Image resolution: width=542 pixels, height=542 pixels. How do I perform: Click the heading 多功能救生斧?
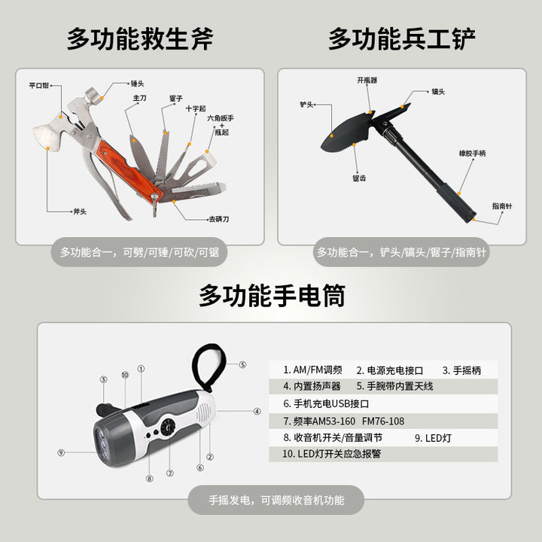140,39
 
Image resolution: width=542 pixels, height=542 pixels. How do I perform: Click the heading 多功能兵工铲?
402,39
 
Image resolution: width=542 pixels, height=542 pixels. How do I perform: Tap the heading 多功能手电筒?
272,296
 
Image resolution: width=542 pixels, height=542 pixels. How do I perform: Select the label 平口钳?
38,85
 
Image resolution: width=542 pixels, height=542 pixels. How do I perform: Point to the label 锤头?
137,84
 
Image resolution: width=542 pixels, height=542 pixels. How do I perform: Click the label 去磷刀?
219,219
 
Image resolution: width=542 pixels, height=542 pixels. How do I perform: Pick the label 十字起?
196,108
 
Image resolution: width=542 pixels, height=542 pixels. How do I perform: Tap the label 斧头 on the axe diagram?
80,212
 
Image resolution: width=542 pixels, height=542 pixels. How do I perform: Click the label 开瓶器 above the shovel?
367,81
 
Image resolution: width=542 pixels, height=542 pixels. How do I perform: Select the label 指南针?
502,206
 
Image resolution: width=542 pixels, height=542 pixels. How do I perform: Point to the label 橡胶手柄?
472,153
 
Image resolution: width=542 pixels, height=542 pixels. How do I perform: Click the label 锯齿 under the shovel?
359,178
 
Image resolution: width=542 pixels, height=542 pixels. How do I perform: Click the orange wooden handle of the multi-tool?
129,169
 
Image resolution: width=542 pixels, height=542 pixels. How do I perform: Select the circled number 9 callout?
61,452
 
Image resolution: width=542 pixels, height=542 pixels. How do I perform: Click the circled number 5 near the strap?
242,364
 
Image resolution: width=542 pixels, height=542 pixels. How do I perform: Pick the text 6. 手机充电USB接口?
326,403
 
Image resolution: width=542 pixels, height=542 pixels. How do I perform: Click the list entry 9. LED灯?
433,438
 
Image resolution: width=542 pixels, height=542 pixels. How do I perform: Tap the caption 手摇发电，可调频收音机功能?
276,500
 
